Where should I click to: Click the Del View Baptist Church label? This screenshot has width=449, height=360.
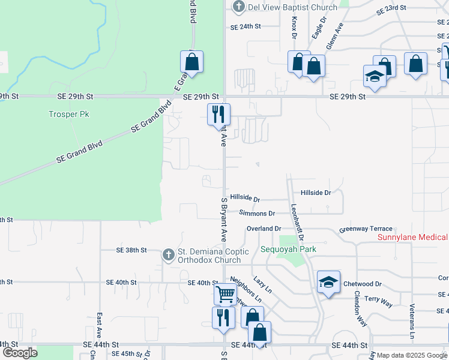[285, 7]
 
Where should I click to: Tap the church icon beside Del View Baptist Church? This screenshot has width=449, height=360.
[239, 7]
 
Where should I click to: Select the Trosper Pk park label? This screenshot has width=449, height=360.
[68, 114]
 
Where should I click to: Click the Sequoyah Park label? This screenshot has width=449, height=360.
[288, 249]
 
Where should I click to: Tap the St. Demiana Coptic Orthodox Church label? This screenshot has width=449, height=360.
[209, 256]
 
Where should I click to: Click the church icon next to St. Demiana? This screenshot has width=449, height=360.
[169, 255]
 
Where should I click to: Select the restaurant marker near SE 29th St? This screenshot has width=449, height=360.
[218, 114]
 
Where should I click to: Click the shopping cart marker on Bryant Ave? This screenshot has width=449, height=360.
[225, 294]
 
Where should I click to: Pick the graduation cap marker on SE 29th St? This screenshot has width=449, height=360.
[375, 77]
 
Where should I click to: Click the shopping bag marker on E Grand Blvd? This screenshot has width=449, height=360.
[191, 61]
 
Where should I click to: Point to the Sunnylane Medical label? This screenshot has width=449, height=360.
[412, 238]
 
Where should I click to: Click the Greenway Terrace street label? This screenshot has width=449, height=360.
[366, 229]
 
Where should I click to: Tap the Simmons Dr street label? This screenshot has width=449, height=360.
[256, 213]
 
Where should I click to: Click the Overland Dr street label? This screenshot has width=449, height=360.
[264, 229]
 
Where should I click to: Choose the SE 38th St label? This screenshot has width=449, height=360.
[131, 250]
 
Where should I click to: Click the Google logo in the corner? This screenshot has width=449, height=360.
[20, 353]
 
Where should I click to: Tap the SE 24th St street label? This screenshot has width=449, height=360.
[246, 26]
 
